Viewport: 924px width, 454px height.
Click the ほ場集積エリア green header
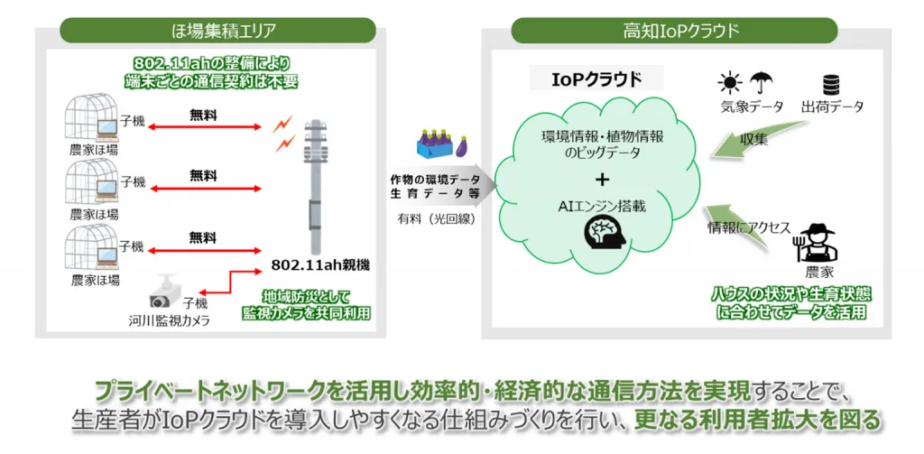tap(217, 30)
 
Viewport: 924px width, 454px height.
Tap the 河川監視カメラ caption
tap(170, 320)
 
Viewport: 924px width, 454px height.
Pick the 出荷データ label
tap(832, 107)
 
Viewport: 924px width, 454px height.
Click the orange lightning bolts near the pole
tap(284, 133)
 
